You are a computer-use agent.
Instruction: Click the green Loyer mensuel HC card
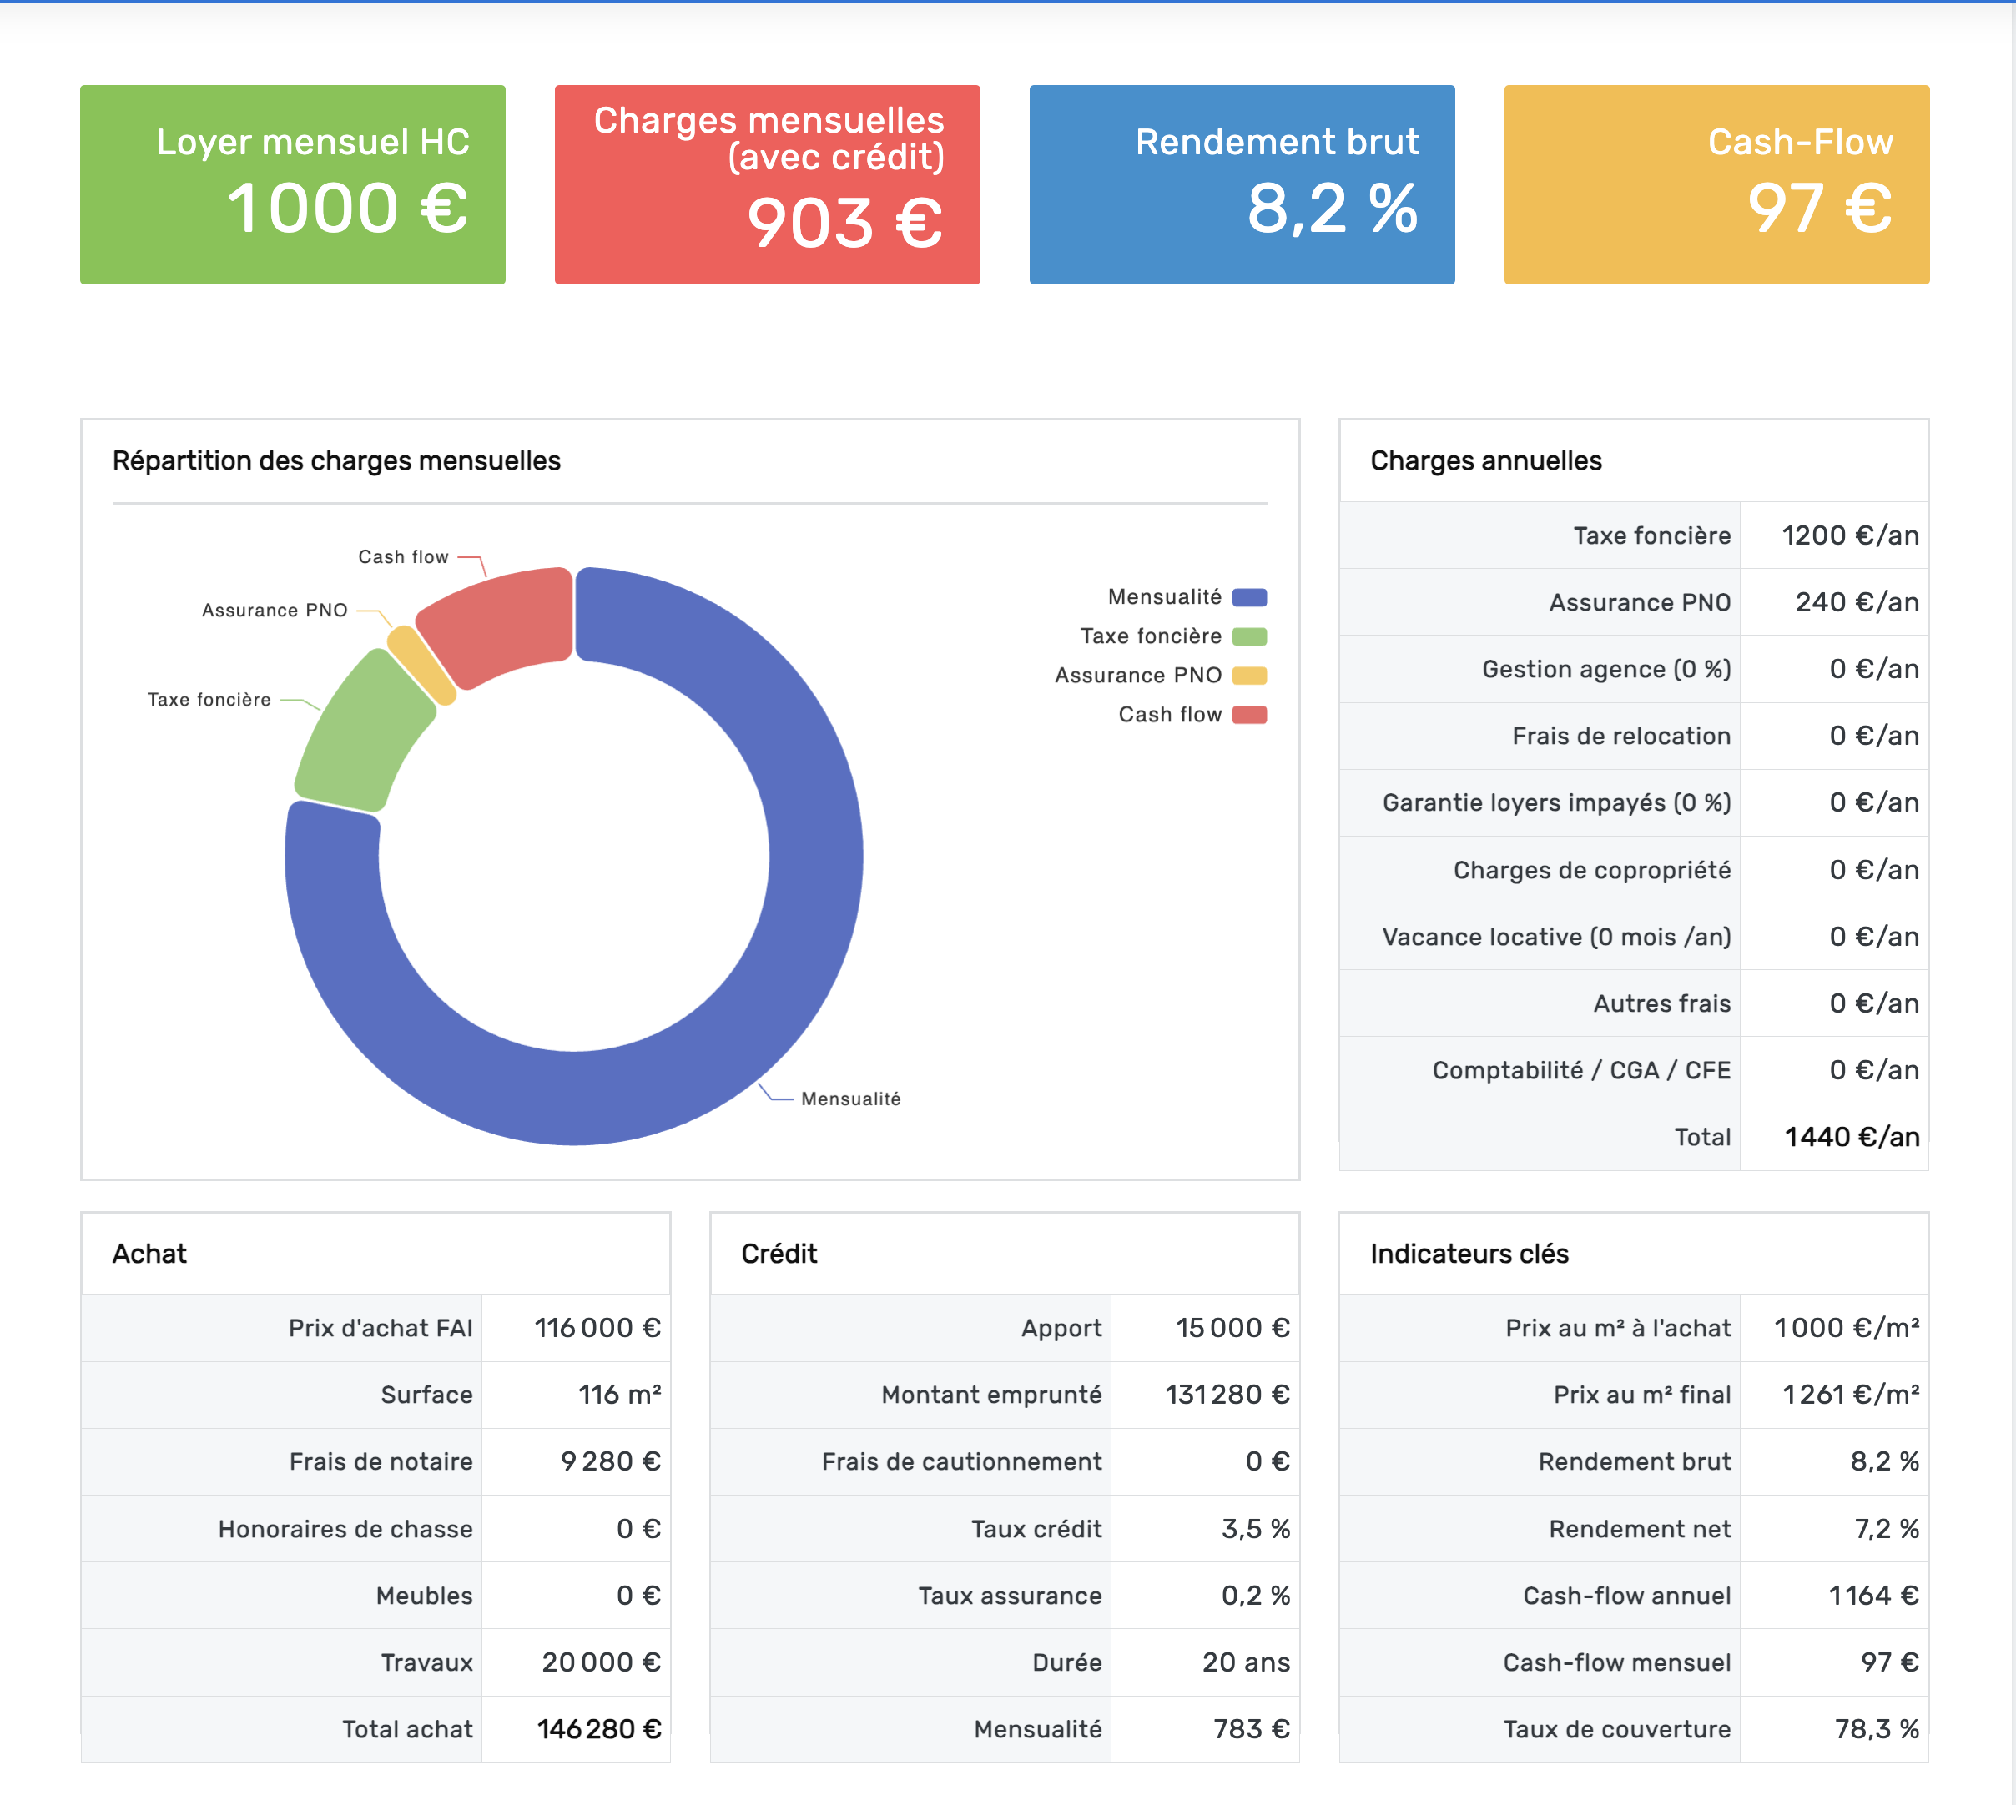[293, 184]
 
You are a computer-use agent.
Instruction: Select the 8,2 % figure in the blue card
[1332, 209]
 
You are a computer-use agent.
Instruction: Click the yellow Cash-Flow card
[1716, 184]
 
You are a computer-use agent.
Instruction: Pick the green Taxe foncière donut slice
[363, 734]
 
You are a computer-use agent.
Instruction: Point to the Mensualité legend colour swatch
[1249, 597]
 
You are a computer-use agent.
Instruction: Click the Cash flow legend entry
[1170, 715]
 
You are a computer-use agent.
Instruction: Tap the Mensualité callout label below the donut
[850, 1099]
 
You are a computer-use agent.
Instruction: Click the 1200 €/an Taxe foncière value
[1849, 535]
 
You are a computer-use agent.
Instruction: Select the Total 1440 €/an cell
[1852, 1137]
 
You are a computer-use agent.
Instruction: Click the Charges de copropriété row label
[1591, 870]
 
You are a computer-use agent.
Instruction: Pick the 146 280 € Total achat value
[598, 1728]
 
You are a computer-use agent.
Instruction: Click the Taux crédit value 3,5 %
[1255, 1528]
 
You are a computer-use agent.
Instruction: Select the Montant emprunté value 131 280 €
[1227, 1395]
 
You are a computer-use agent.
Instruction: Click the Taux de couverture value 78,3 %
[1875, 1728]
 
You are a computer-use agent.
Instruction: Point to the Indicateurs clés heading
[1469, 1254]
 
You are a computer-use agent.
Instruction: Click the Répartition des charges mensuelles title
[336, 461]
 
